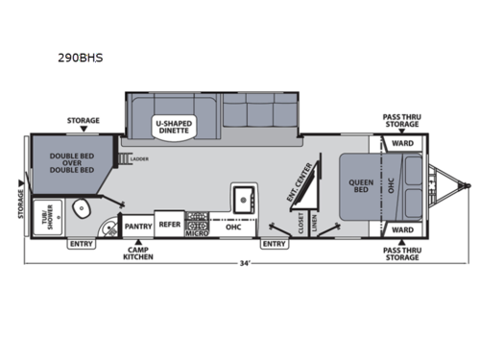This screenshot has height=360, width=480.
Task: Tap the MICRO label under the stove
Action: coord(196,231)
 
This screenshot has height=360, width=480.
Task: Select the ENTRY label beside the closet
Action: coord(275,244)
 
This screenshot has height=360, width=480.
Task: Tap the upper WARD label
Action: coord(402,145)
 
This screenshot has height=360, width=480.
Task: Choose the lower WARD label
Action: coord(402,230)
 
